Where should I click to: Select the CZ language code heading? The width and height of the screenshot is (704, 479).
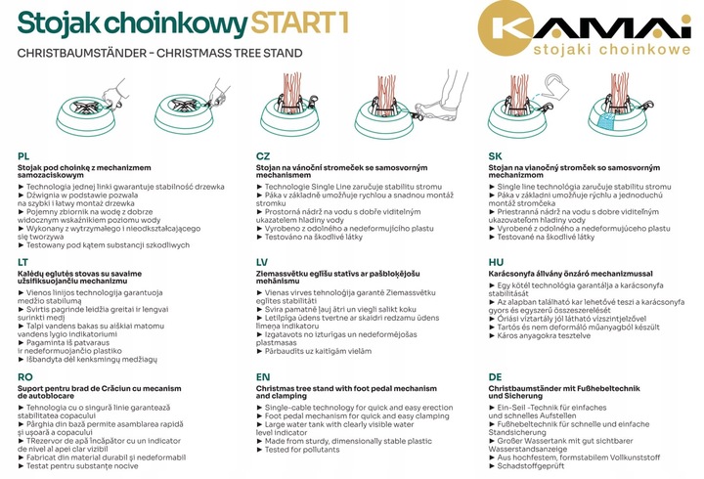point(263,156)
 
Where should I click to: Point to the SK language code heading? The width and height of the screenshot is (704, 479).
point(496,156)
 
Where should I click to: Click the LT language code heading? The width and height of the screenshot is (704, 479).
point(24,263)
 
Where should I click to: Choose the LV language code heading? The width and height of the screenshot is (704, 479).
point(262,263)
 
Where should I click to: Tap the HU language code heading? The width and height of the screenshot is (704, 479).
point(497,263)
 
